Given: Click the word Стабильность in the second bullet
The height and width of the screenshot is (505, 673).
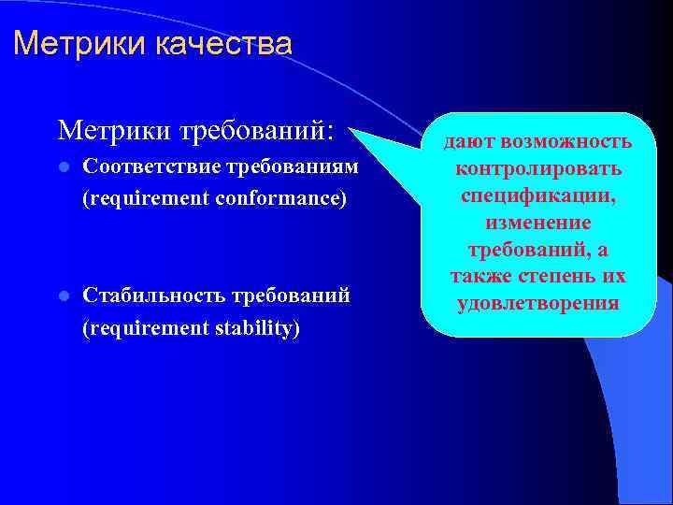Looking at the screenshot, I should click(x=148, y=296).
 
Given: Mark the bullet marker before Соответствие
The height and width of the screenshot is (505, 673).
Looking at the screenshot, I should click(x=63, y=167).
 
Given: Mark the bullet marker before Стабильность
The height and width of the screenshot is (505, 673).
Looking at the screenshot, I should click(x=63, y=296).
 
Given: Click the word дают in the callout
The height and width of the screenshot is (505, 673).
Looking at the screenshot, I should click(x=470, y=141).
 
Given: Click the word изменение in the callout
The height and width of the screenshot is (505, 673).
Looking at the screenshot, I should click(x=537, y=223).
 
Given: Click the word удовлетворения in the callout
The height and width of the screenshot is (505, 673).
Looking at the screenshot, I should click(x=537, y=304).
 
